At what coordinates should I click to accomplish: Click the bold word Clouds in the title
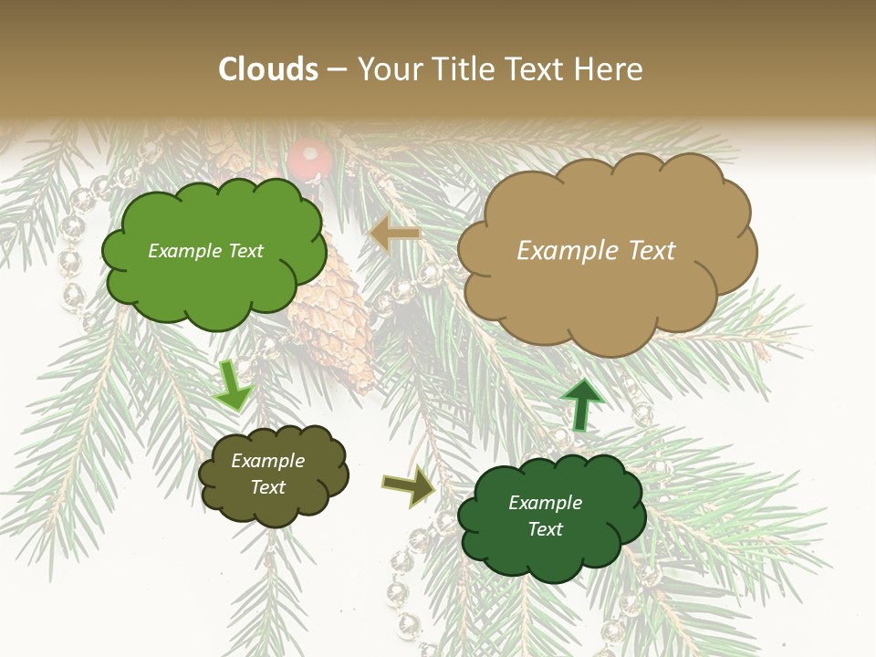tap(268, 69)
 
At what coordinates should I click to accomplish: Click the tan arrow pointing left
tap(395, 235)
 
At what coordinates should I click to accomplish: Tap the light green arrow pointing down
tap(234, 384)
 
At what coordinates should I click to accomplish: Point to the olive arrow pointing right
tap(409, 486)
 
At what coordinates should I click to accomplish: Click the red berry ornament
tap(308, 162)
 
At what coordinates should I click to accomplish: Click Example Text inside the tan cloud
tap(596, 251)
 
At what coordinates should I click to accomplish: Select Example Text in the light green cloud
tap(205, 251)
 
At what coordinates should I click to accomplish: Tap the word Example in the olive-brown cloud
tap(267, 461)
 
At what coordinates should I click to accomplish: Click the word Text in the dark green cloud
tap(545, 529)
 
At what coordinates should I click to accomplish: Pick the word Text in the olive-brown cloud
tap(267, 487)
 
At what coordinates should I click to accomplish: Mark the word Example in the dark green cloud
tap(545, 503)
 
